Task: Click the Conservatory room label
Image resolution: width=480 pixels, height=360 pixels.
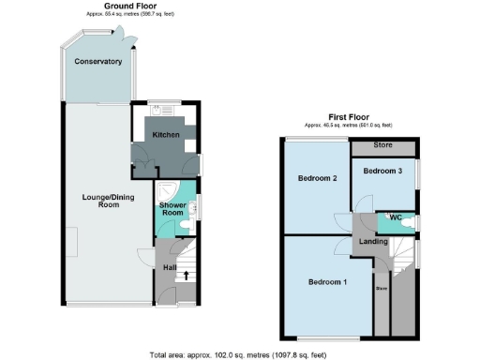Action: pyautogui.click(x=100, y=62)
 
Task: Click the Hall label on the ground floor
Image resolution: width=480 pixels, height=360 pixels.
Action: pyautogui.click(x=170, y=268)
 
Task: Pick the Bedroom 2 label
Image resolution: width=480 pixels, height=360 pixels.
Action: pyautogui.click(x=317, y=178)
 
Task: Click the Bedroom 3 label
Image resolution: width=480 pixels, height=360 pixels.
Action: pyautogui.click(x=382, y=172)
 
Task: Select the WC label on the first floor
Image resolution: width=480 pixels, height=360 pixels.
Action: pyautogui.click(x=395, y=218)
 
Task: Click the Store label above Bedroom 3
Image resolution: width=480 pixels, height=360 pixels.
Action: pyautogui.click(x=382, y=145)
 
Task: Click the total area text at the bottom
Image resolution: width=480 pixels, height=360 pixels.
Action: pyautogui.click(x=239, y=354)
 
